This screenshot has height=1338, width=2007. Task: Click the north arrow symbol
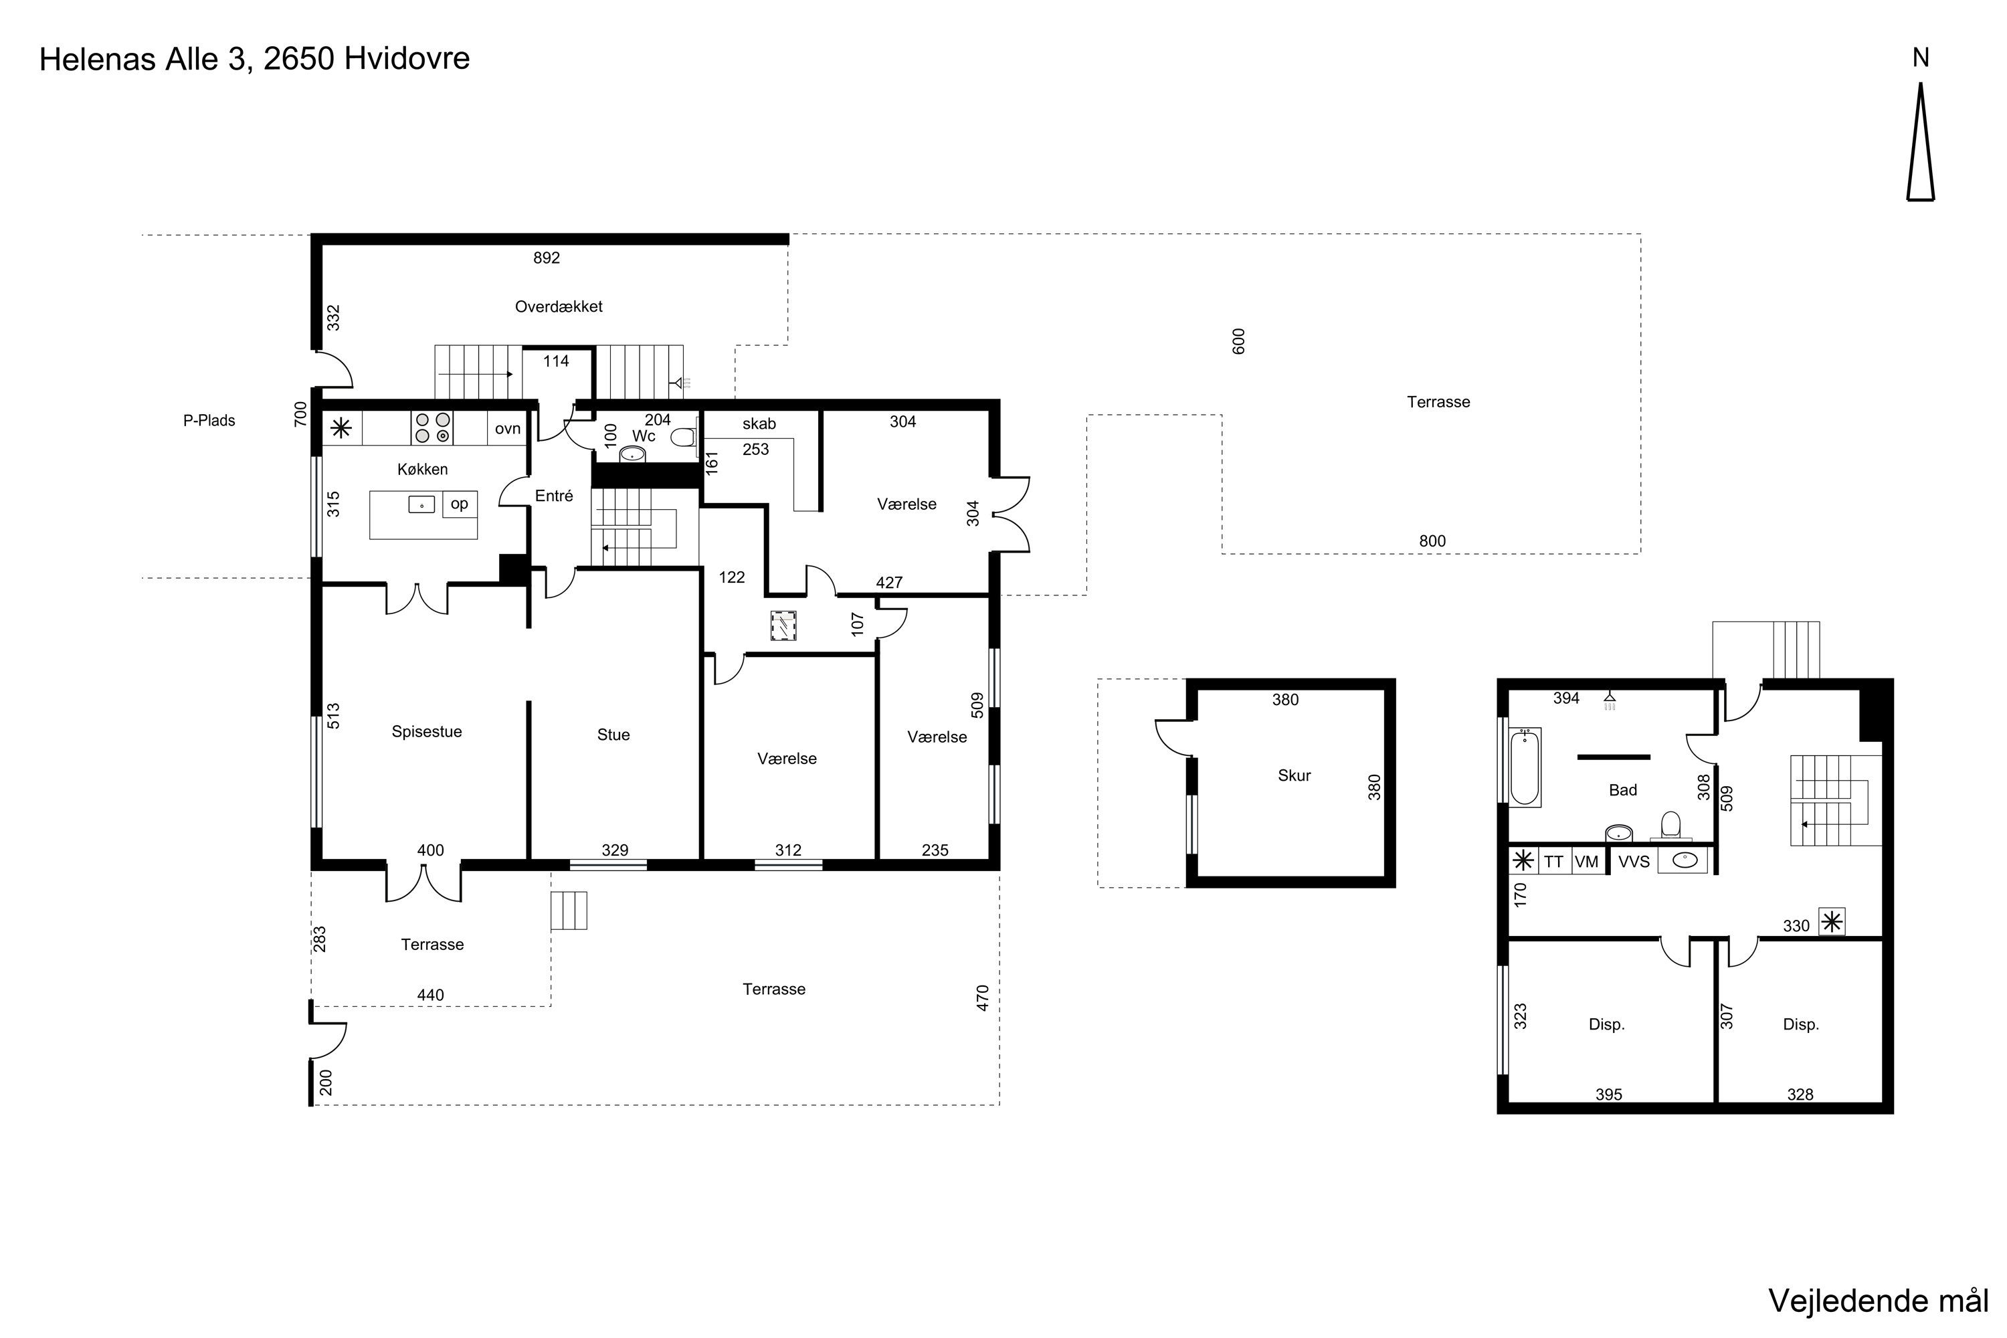click(1921, 142)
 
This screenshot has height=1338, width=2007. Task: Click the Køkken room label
click(422, 470)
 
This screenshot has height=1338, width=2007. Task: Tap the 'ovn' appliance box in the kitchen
click(508, 428)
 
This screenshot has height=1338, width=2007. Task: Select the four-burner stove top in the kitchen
click(432, 427)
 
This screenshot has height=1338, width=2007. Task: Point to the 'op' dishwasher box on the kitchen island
click(459, 504)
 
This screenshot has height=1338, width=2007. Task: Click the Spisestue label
click(427, 731)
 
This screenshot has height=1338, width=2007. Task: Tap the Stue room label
click(613, 735)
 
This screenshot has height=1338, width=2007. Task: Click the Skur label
click(1294, 775)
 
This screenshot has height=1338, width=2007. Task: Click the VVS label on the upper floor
click(1634, 862)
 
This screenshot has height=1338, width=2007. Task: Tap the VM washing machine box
click(1586, 862)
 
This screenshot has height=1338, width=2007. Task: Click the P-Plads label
click(209, 421)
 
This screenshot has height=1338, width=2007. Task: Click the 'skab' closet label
click(759, 424)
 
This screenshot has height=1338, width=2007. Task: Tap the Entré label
click(554, 496)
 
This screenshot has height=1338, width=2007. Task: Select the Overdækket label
click(558, 306)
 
